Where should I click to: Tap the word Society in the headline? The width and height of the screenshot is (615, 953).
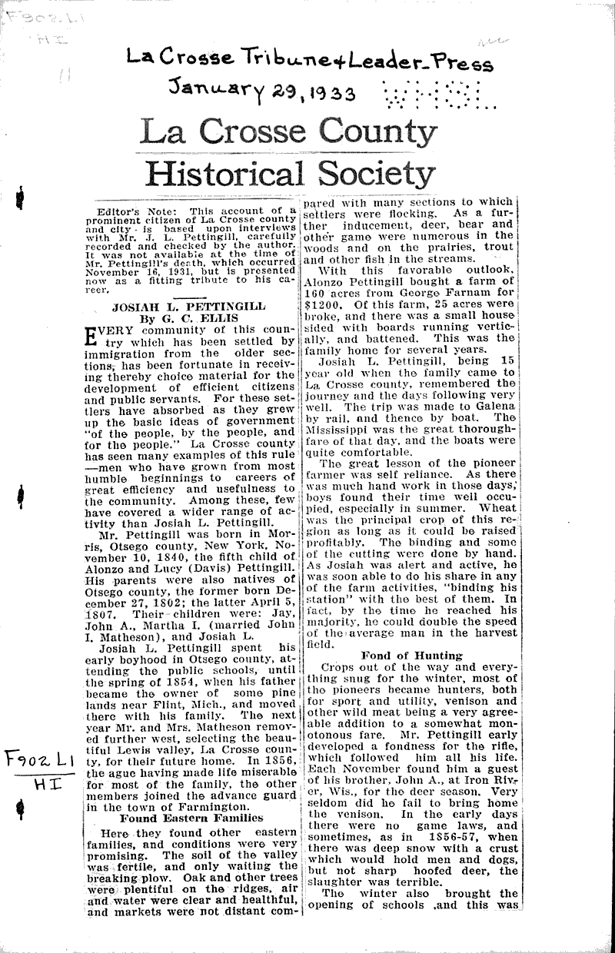[377, 174]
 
